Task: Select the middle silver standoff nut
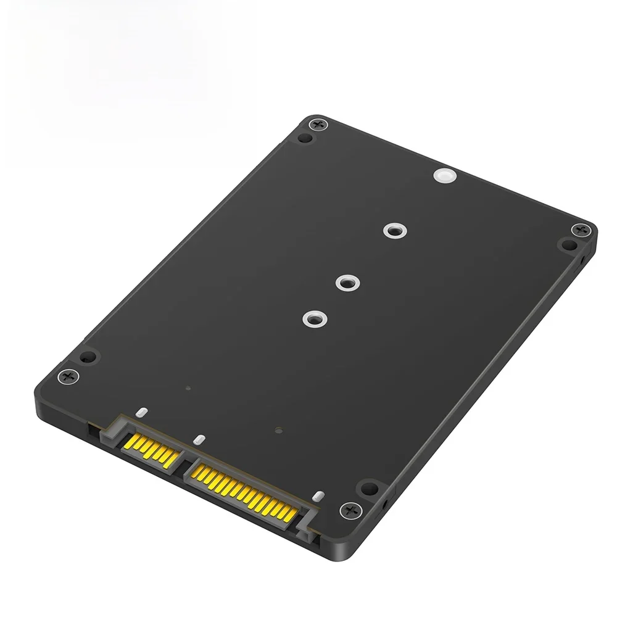coord(347,283)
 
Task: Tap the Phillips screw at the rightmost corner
coord(580,230)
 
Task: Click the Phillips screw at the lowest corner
coord(350,510)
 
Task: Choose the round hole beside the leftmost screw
coord(88,357)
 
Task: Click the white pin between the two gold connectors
coord(198,440)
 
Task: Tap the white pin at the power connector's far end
coord(318,496)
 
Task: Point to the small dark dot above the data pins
coord(188,389)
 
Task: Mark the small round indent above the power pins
coord(279,430)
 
